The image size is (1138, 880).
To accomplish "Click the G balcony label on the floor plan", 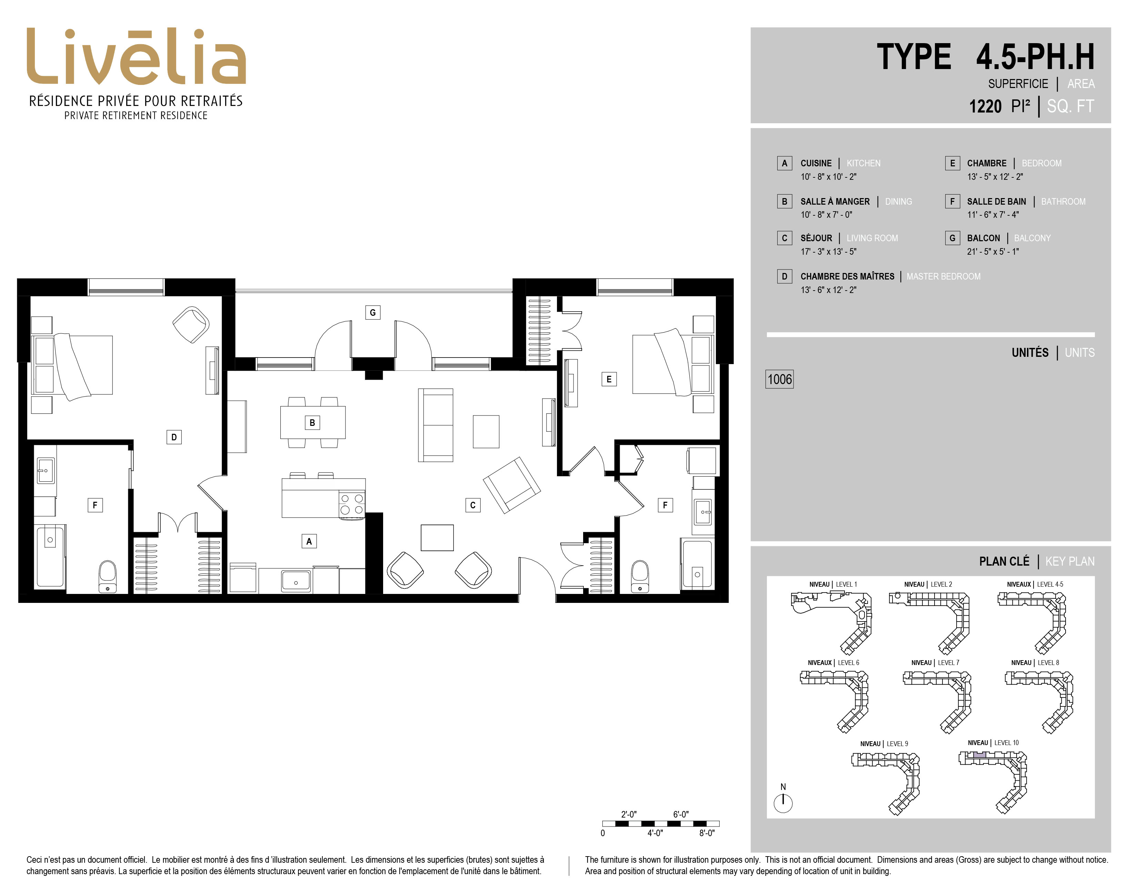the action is [372, 312].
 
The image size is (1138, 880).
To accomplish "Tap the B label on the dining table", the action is [312, 422].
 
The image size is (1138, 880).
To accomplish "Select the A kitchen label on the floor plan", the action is [309, 541].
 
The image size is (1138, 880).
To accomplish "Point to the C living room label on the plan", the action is [472, 505].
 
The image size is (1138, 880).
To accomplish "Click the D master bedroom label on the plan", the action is [174, 437].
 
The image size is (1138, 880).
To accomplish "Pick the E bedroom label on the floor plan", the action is [609, 379].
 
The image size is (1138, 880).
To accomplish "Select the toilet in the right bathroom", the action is [640, 577].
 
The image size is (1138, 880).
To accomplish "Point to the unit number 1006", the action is [779, 379].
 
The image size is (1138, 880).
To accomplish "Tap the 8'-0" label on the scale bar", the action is [707, 833].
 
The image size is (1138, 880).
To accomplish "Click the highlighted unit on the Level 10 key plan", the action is [980, 754].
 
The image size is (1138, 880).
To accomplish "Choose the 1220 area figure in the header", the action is [985, 106].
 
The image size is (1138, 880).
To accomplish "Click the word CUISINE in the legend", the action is [816, 163].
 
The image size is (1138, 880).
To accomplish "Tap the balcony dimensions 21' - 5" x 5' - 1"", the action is [992, 251].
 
